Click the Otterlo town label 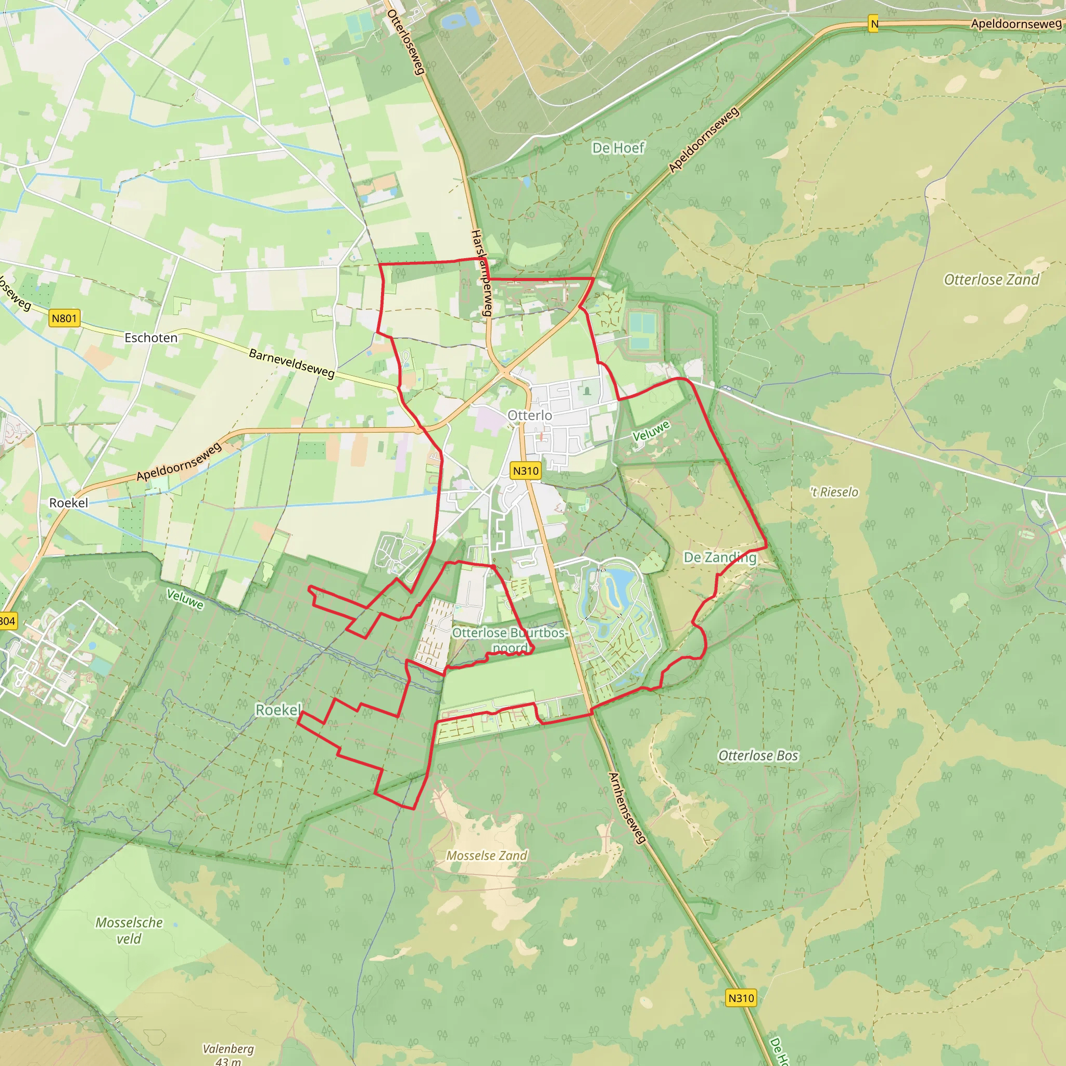tap(529, 415)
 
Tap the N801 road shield tap(64, 319)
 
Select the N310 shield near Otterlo tap(525, 471)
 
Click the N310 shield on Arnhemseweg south tap(741, 998)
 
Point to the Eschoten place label tap(150, 338)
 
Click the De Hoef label tap(618, 148)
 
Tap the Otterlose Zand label tap(991, 280)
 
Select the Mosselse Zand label tap(487, 856)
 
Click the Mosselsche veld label tap(129, 930)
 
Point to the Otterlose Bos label tap(757, 756)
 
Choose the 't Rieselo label tap(834, 492)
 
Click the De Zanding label tap(719, 557)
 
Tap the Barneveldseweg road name tap(292, 363)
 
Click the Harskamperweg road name tap(481, 273)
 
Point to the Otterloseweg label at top tap(406, 42)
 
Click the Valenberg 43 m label tap(228, 1054)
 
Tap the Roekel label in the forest tap(278, 709)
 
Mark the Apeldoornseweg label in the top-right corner tap(1016, 24)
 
